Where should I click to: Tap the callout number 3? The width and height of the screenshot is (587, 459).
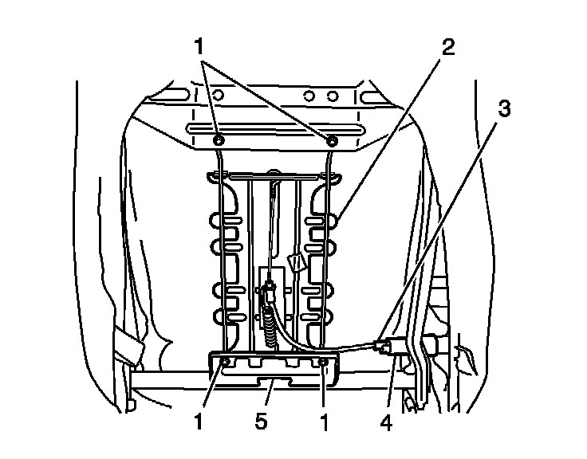(502, 109)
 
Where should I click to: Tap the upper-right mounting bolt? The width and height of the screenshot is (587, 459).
(332, 140)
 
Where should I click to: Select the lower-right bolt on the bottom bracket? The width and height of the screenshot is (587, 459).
(323, 363)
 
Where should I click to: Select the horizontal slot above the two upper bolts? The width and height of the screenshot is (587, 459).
(275, 129)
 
